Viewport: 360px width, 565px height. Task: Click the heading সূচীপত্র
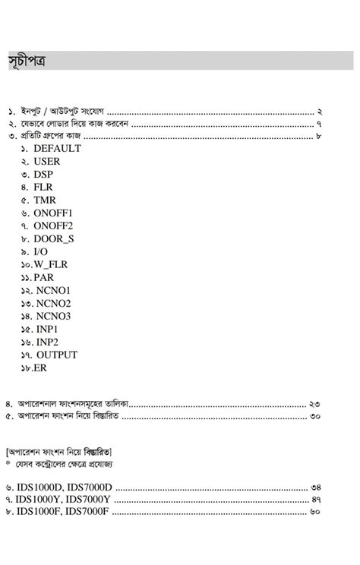(x=27, y=62)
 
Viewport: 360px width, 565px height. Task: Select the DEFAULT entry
(x=56, y=148)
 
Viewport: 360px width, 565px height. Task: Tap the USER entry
(x=46, y=161)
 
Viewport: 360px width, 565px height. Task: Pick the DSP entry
(x=44, y=174)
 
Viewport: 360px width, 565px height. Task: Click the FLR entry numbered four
(x=43, y=187)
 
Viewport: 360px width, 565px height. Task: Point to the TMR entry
(x=45, y=200)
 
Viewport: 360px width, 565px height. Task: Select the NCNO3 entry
(x=53, y=316)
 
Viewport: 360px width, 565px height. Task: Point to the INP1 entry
(x=47, y=329)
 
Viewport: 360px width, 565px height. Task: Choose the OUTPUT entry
(x=56, y=355)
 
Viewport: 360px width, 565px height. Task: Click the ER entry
(x=39, y=368)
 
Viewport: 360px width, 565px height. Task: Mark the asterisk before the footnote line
(x=8, y=462)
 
